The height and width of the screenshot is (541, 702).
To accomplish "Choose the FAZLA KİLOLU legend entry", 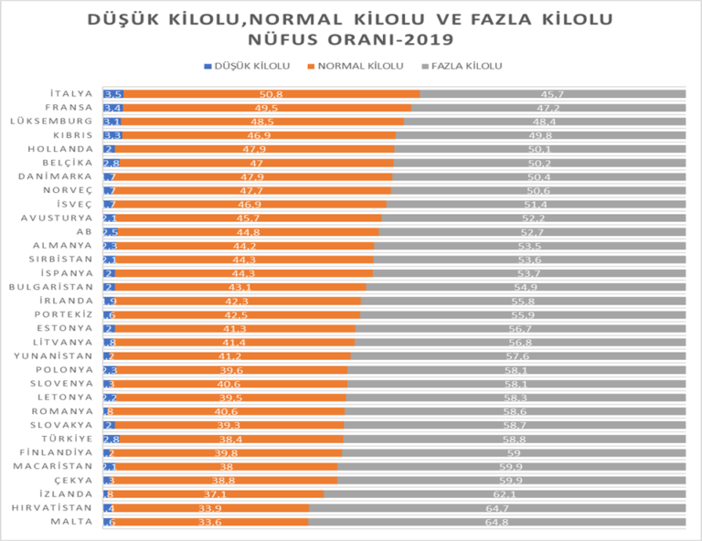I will coord(463,66).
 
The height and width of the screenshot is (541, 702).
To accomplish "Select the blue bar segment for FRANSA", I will coord(112,108).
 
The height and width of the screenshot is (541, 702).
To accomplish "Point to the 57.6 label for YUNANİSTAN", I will coord(518,356).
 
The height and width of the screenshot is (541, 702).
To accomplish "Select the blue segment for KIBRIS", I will coord(112,135).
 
